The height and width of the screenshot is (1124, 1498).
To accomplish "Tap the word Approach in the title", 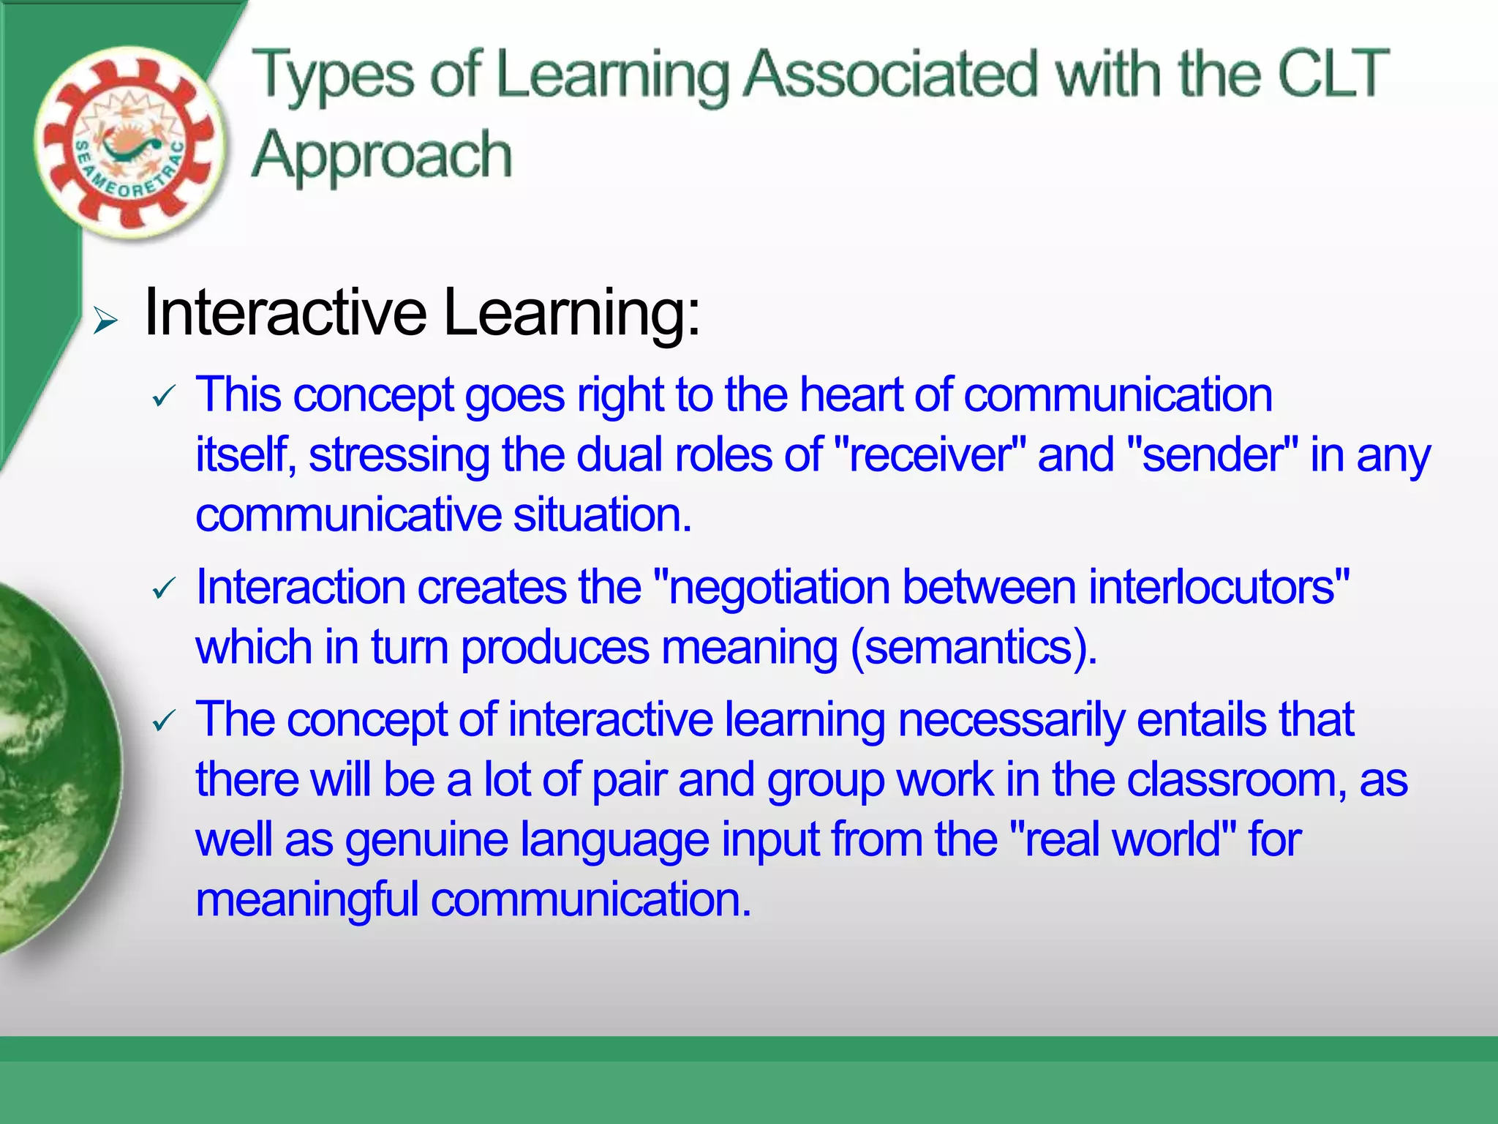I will pos(381,156).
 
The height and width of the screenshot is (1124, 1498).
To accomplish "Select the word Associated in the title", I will pos(891,73).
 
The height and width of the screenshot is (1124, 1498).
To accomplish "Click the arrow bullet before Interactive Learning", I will pos(105,321).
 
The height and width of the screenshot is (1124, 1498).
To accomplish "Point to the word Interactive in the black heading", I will pos(285,313).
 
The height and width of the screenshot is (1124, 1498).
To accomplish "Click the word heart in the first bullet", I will pos(851,395).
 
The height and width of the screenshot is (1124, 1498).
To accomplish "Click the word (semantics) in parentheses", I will pos(973,648).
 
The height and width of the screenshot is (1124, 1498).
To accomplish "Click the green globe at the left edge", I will pos(51,768).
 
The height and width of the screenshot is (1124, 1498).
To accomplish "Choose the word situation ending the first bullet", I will pos(601,515).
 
